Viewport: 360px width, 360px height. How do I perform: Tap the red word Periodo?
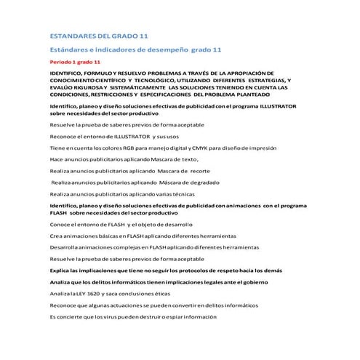(x=60, y=63)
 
